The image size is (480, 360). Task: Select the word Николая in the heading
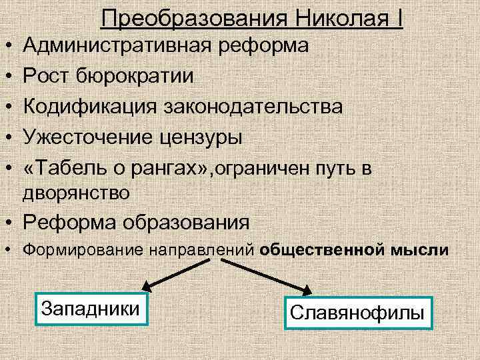(x=334, y=18)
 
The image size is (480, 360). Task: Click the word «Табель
(x=62, y=168)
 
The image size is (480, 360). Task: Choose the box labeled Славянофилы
(x=358, y=313)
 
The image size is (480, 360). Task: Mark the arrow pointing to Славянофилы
(x=273, y=273)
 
